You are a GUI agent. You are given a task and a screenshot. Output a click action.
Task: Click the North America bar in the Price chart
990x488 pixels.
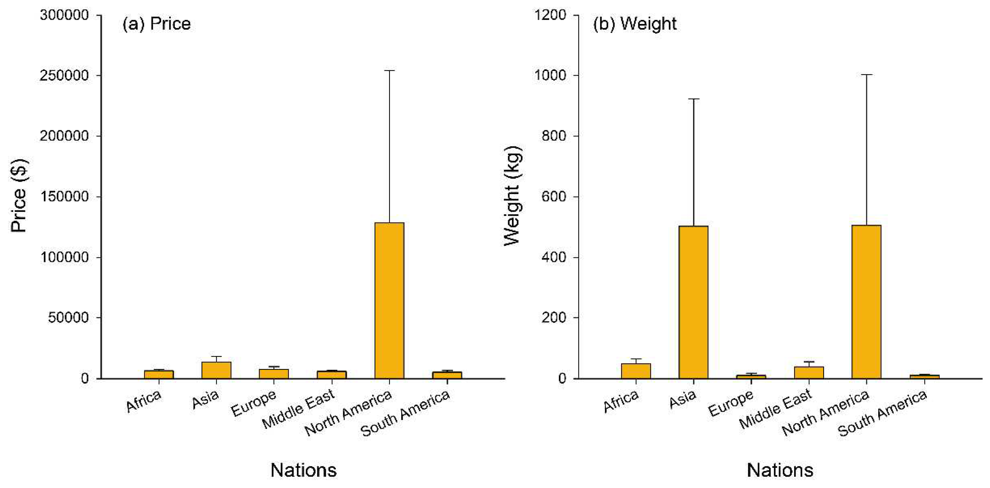click(x=389, y=300)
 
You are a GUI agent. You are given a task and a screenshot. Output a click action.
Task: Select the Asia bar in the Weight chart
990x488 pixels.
click(x=693, y=302)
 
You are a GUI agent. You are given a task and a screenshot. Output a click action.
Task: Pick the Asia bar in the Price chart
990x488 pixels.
click(x=216, y=370)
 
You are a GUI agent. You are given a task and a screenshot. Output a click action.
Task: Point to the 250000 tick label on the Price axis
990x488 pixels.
click(x=64, y=75)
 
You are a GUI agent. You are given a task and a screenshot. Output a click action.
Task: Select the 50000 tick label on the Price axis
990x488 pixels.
click(x=68, y=318)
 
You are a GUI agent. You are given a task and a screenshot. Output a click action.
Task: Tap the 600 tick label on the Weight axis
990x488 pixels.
click(x=554, y=197)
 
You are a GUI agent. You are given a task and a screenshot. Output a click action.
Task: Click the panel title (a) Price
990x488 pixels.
click(x=156, y=24)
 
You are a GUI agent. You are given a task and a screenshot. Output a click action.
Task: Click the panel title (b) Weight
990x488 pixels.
click(x=634, y=24)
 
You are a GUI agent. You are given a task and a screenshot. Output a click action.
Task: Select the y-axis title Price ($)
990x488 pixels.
click(x=18, y=196)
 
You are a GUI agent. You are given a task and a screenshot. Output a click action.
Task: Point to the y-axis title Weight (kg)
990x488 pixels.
click(x=512, y=196)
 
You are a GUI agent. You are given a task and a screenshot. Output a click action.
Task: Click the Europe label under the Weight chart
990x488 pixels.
click(x=731, y=403)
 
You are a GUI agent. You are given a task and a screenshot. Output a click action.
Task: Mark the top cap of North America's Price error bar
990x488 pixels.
click(x=389, y=71)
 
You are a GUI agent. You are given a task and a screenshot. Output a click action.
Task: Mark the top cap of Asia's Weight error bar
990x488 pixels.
click(x=693, y=99)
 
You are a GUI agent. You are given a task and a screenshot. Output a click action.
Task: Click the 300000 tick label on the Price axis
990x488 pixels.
click(x=64, y=15)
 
